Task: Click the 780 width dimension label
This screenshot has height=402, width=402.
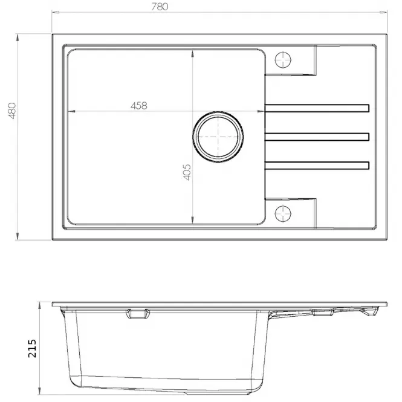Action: pos(160,7)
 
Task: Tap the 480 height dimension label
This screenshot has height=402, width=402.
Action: pos(12,111)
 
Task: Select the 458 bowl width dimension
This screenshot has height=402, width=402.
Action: pos(139,106)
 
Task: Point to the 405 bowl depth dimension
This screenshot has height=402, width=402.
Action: pos(187,172)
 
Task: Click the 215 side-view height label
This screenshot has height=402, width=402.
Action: pos(32,348)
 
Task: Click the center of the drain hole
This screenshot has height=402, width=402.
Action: pos(218,137)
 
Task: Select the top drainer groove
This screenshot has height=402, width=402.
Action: pos(317,108)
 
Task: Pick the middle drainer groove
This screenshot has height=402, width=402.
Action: pos(317,137)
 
